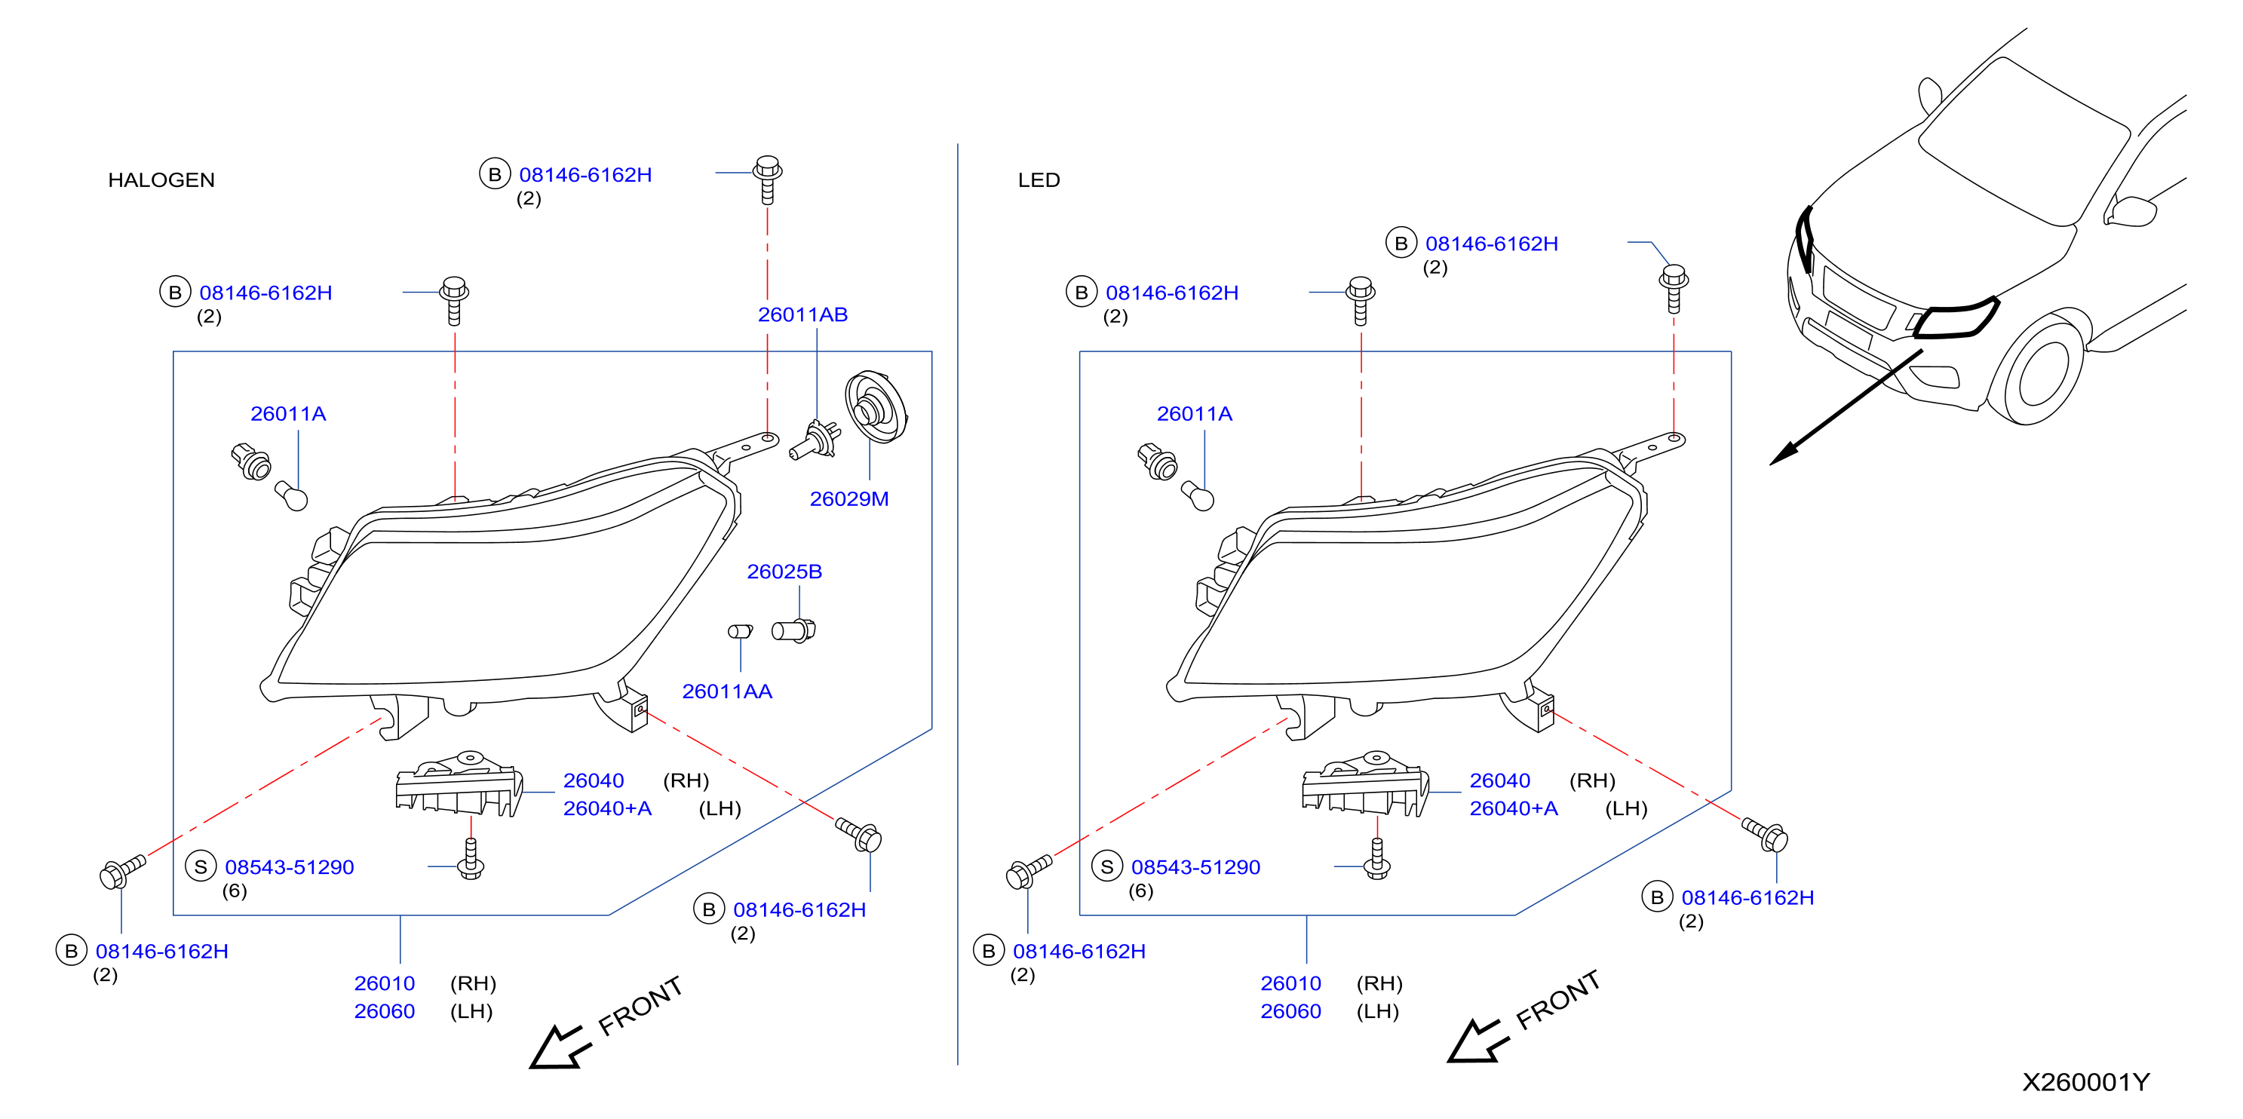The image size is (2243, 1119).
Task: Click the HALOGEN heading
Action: click(x=161, y=180)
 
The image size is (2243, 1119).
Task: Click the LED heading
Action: click(x=1039, y=180)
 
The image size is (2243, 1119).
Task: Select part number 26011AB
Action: click(x=802, y=314)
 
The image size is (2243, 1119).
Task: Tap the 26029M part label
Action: click(x=849, y=499)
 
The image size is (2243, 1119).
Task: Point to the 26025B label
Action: click(x=784, y=572)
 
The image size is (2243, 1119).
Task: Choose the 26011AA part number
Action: click(x=727, y=691)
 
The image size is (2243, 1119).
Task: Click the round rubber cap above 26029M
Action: click(x=876, y=406)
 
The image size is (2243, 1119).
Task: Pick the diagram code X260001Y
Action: click(x=2085, y=1082)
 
